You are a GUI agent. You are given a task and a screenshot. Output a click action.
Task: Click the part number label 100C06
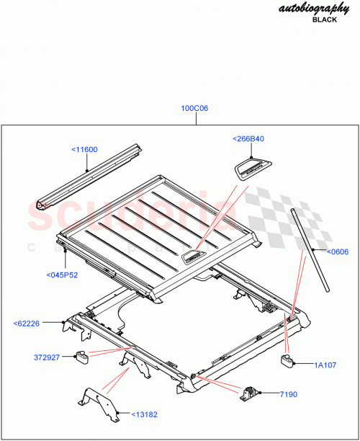194,108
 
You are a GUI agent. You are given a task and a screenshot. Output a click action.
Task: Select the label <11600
84,149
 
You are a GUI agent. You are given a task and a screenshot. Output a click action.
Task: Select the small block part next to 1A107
289,360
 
